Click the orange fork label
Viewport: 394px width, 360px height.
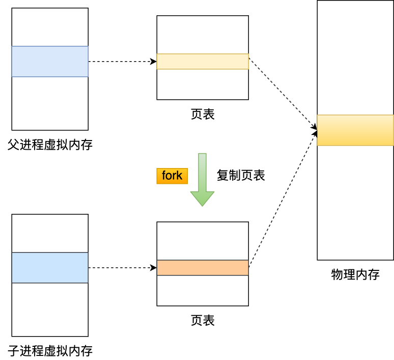(172, 176)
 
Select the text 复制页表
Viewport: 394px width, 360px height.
(241, 176)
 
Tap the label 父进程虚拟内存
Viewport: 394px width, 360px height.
(50, 145)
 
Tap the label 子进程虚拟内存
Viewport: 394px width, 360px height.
(50, 351)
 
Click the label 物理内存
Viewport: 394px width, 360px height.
(355, 275)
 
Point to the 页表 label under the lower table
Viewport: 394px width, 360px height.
(203, 320)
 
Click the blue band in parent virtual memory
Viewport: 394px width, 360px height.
(50, 62)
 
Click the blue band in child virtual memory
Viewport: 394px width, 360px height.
(50, 268)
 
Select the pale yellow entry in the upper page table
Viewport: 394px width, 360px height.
(203, 62)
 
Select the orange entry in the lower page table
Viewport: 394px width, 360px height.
(203, 268)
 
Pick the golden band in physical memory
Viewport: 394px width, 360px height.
(355, 130)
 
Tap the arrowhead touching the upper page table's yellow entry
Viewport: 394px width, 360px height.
(153, 62)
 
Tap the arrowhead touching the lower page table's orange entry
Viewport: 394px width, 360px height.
(153, 268)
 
